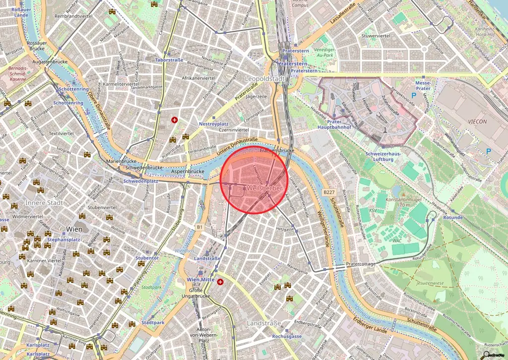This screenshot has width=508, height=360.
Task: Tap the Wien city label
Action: pyautogui.click(x=74, y=229)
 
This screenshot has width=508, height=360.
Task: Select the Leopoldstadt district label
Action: pyautogui.click(x=265, y=79)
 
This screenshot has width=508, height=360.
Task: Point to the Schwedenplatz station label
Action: pyautogui.click(x=140, y=181)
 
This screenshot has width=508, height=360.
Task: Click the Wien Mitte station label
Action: pyautogui.click(x=200, y=280)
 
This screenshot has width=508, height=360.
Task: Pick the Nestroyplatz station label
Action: pyautogui.click(x=213, y=123)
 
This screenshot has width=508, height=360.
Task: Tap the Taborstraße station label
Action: pyautogui.click(x=169, y=60)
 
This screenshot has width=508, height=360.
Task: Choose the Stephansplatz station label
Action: pyautogui.click(x=63, y=240)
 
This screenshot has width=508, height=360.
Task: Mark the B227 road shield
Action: pyautogui.click(x=329, y=191)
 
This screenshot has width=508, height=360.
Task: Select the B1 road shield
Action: pyautogui.click(x=199, y=227)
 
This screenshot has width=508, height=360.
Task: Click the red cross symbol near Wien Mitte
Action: pyautogui.click(x=220, y=282)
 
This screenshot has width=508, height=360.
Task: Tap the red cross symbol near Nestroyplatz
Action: pyautogui.click(x=174, y=120)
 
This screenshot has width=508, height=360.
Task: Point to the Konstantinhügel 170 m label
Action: pyautogui.click(x=402, y=201)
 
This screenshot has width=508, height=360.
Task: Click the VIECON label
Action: pyautogui.click(x=477, y=121)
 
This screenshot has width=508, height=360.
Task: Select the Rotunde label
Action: pyautogui.click(x=452, y=217)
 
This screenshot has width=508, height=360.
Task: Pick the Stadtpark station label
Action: pyautogui.click(x=153, y=323)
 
